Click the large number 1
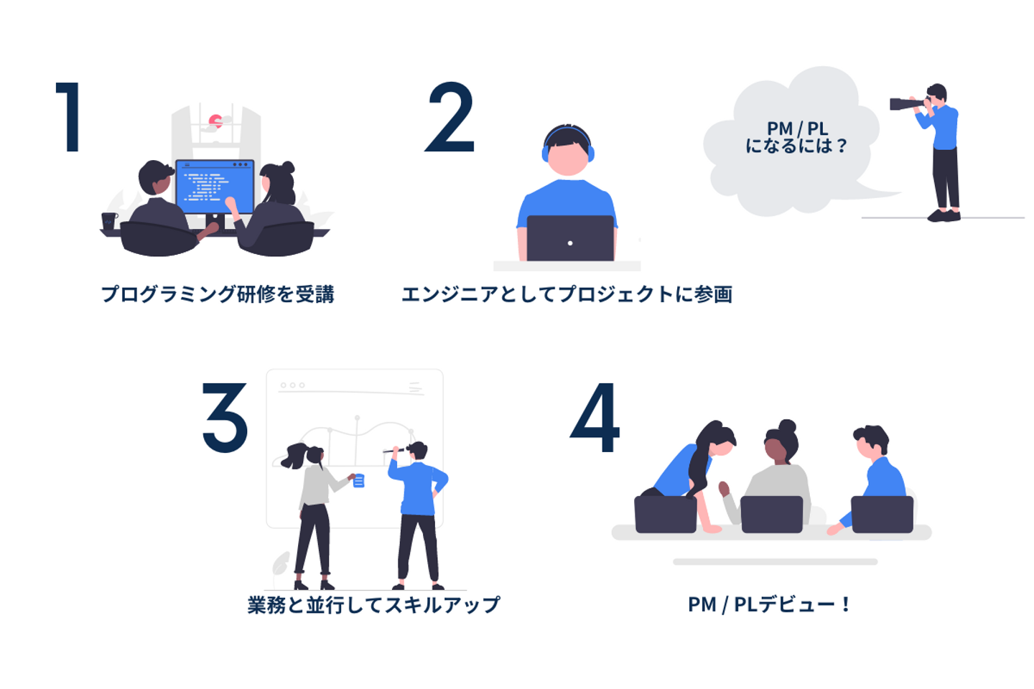click(x=68, y=117)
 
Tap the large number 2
click(x=450, y=117)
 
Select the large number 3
click(x=225, y=417)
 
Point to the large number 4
click(x=595, y=417)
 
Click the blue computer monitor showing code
click(x=215, y=187)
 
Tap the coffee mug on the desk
click(x=109, y=221)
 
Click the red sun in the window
click(x=215, y=121)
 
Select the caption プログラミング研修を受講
click(x=218, y=294)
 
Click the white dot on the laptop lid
click(x=570, y=243)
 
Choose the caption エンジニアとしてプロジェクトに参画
click(x=567, y=294)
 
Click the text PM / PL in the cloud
click(x=797, y=128)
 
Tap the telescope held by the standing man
click(x=908, y=104)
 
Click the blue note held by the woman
click(x=359, y=481)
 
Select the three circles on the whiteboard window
click(x=293, y=385)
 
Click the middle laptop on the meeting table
click(x=772, y=515)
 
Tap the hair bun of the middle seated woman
click(x=787, y=426)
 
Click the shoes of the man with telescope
click(x=944, y=215)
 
